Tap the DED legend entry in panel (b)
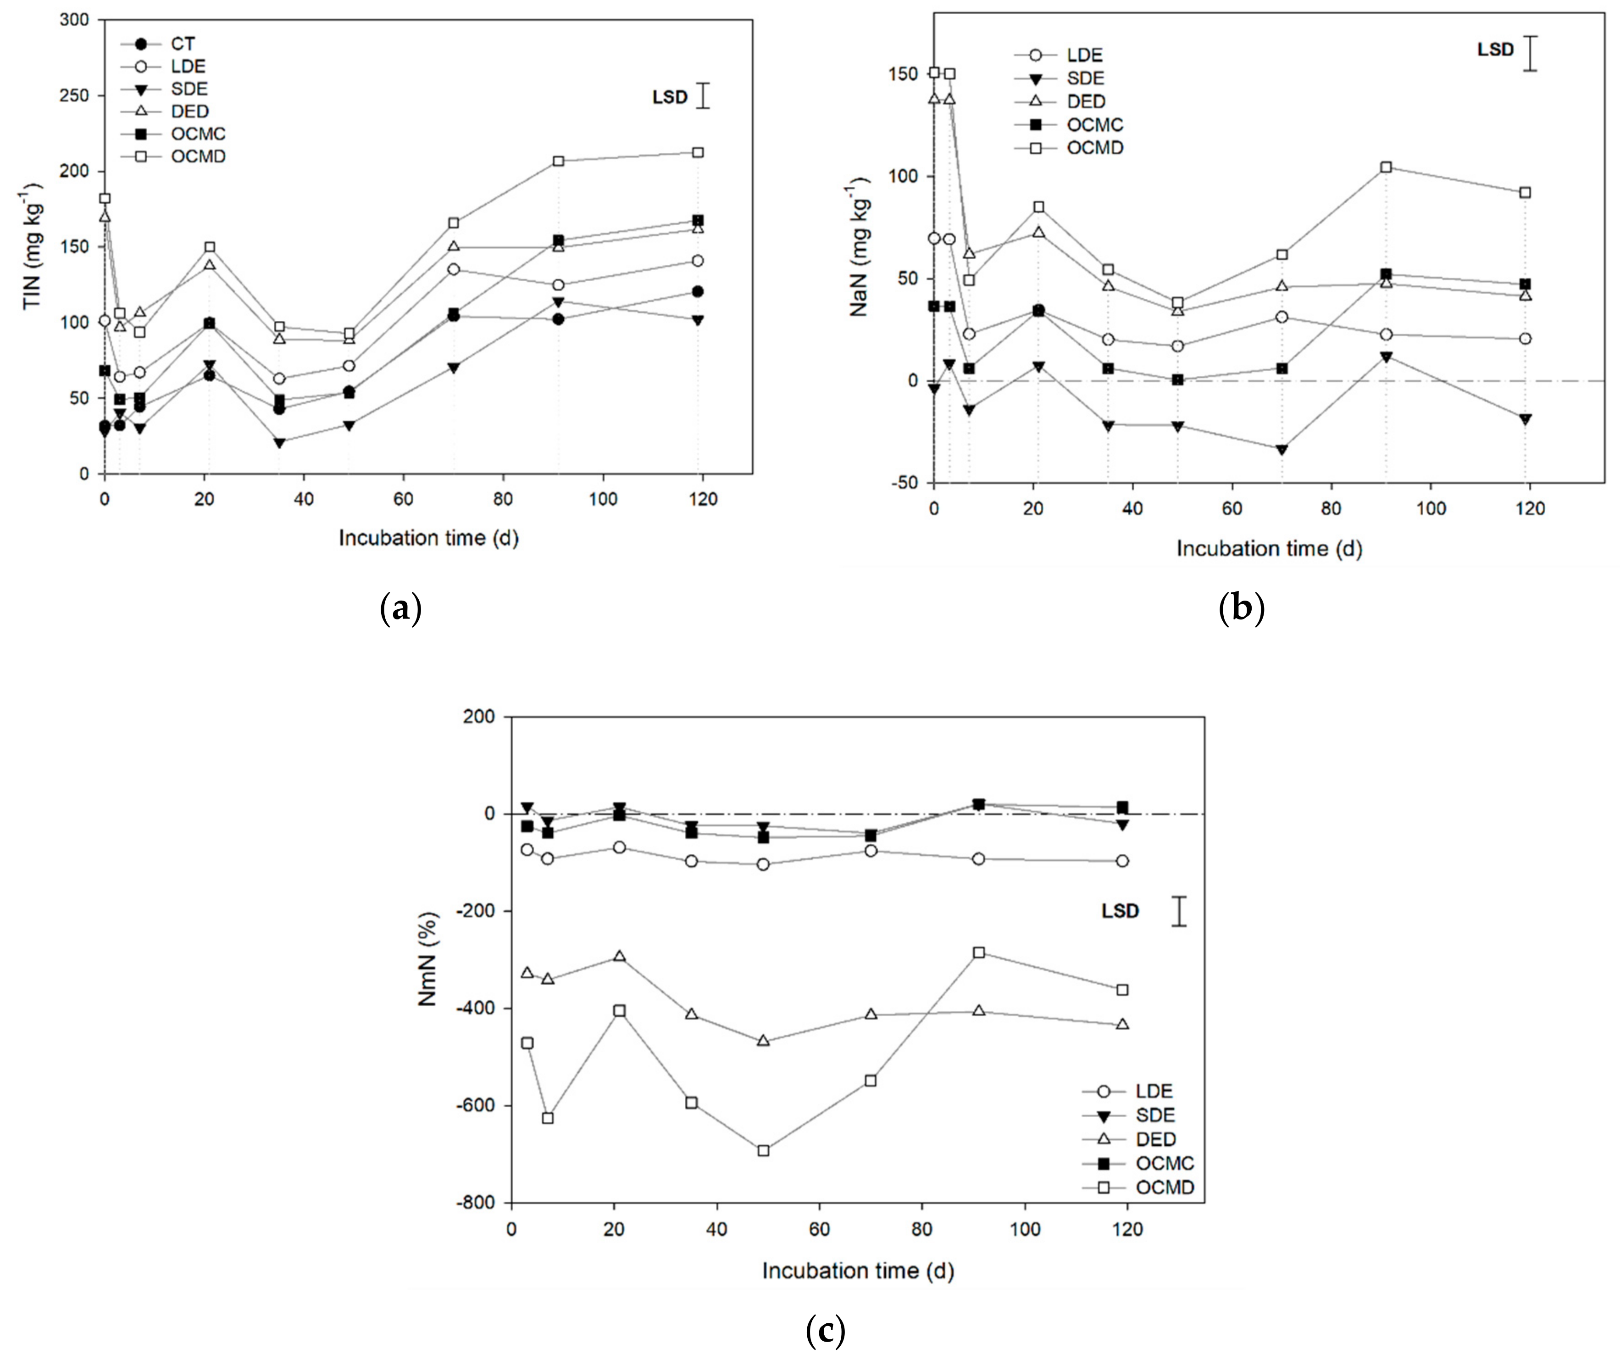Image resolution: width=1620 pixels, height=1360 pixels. coord(1085,101)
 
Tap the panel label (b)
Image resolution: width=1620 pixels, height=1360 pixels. coord(1241,608)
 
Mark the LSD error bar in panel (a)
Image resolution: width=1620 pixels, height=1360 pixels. coord(702,96)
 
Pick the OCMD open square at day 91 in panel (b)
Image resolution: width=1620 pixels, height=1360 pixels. coord(1386,167)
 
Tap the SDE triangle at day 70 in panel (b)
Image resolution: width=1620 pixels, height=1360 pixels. coord(1282,450)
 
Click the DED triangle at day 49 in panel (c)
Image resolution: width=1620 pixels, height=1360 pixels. coord(763,1041)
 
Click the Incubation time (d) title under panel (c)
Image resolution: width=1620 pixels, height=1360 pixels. coord(858,1271)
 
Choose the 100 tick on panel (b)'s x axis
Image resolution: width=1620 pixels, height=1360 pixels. coord(1431,509)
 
